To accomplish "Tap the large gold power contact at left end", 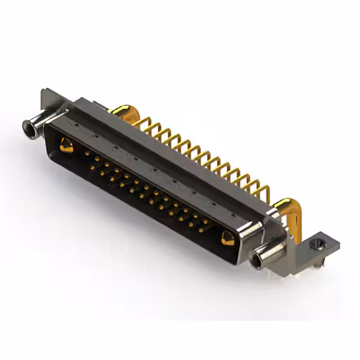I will click(x=66, y=146).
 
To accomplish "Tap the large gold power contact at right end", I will click(x=228, y=238).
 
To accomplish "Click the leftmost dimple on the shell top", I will click(x=74, y=120).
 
